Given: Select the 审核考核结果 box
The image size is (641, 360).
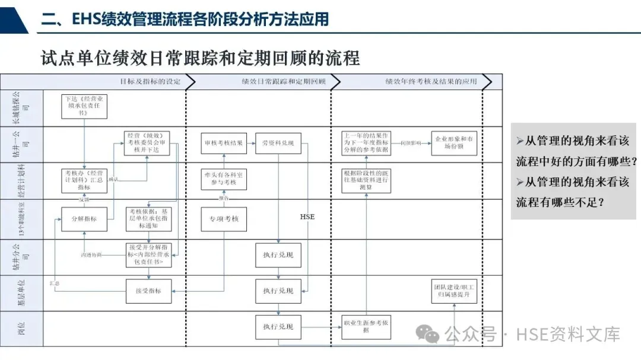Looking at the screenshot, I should pos(223,143).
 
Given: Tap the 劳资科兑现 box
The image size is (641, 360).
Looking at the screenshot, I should pos(278,143).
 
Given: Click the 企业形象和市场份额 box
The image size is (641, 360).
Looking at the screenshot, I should pos(454,143).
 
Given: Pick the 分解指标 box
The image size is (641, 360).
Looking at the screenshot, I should pos(84,218).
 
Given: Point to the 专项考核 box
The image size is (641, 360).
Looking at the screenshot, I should pos(224,219).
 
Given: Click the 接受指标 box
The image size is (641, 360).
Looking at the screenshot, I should pos(148,291).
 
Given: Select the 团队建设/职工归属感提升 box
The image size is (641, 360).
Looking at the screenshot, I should pos(454,291).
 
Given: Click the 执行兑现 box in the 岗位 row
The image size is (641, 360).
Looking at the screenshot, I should pos(278,327).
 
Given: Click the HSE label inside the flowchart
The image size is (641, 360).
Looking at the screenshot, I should pos(307,216).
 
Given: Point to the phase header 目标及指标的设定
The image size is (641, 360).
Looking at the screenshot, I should pos(149,81).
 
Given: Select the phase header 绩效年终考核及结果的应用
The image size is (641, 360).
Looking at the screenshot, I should pos(431,81).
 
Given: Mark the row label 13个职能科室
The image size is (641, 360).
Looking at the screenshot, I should pos(21,218).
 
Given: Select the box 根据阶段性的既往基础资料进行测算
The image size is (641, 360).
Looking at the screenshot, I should pos(366,180).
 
